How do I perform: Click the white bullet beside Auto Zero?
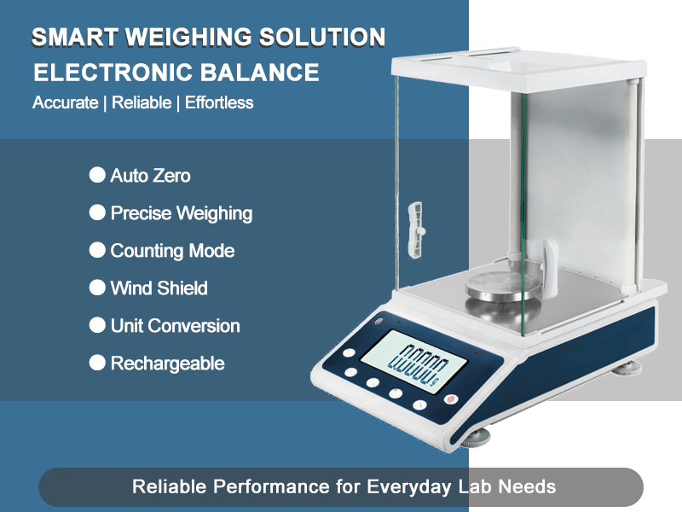click(97, 176)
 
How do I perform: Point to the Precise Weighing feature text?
click(182, 213)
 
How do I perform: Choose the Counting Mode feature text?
click(172, 251)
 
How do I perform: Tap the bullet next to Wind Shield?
click(97, 288)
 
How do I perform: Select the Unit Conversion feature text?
click(176, 326)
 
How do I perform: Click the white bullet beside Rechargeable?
click(97, 364)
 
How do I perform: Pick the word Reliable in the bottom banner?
click(170, 487)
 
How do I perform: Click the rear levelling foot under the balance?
click(628, 369)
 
